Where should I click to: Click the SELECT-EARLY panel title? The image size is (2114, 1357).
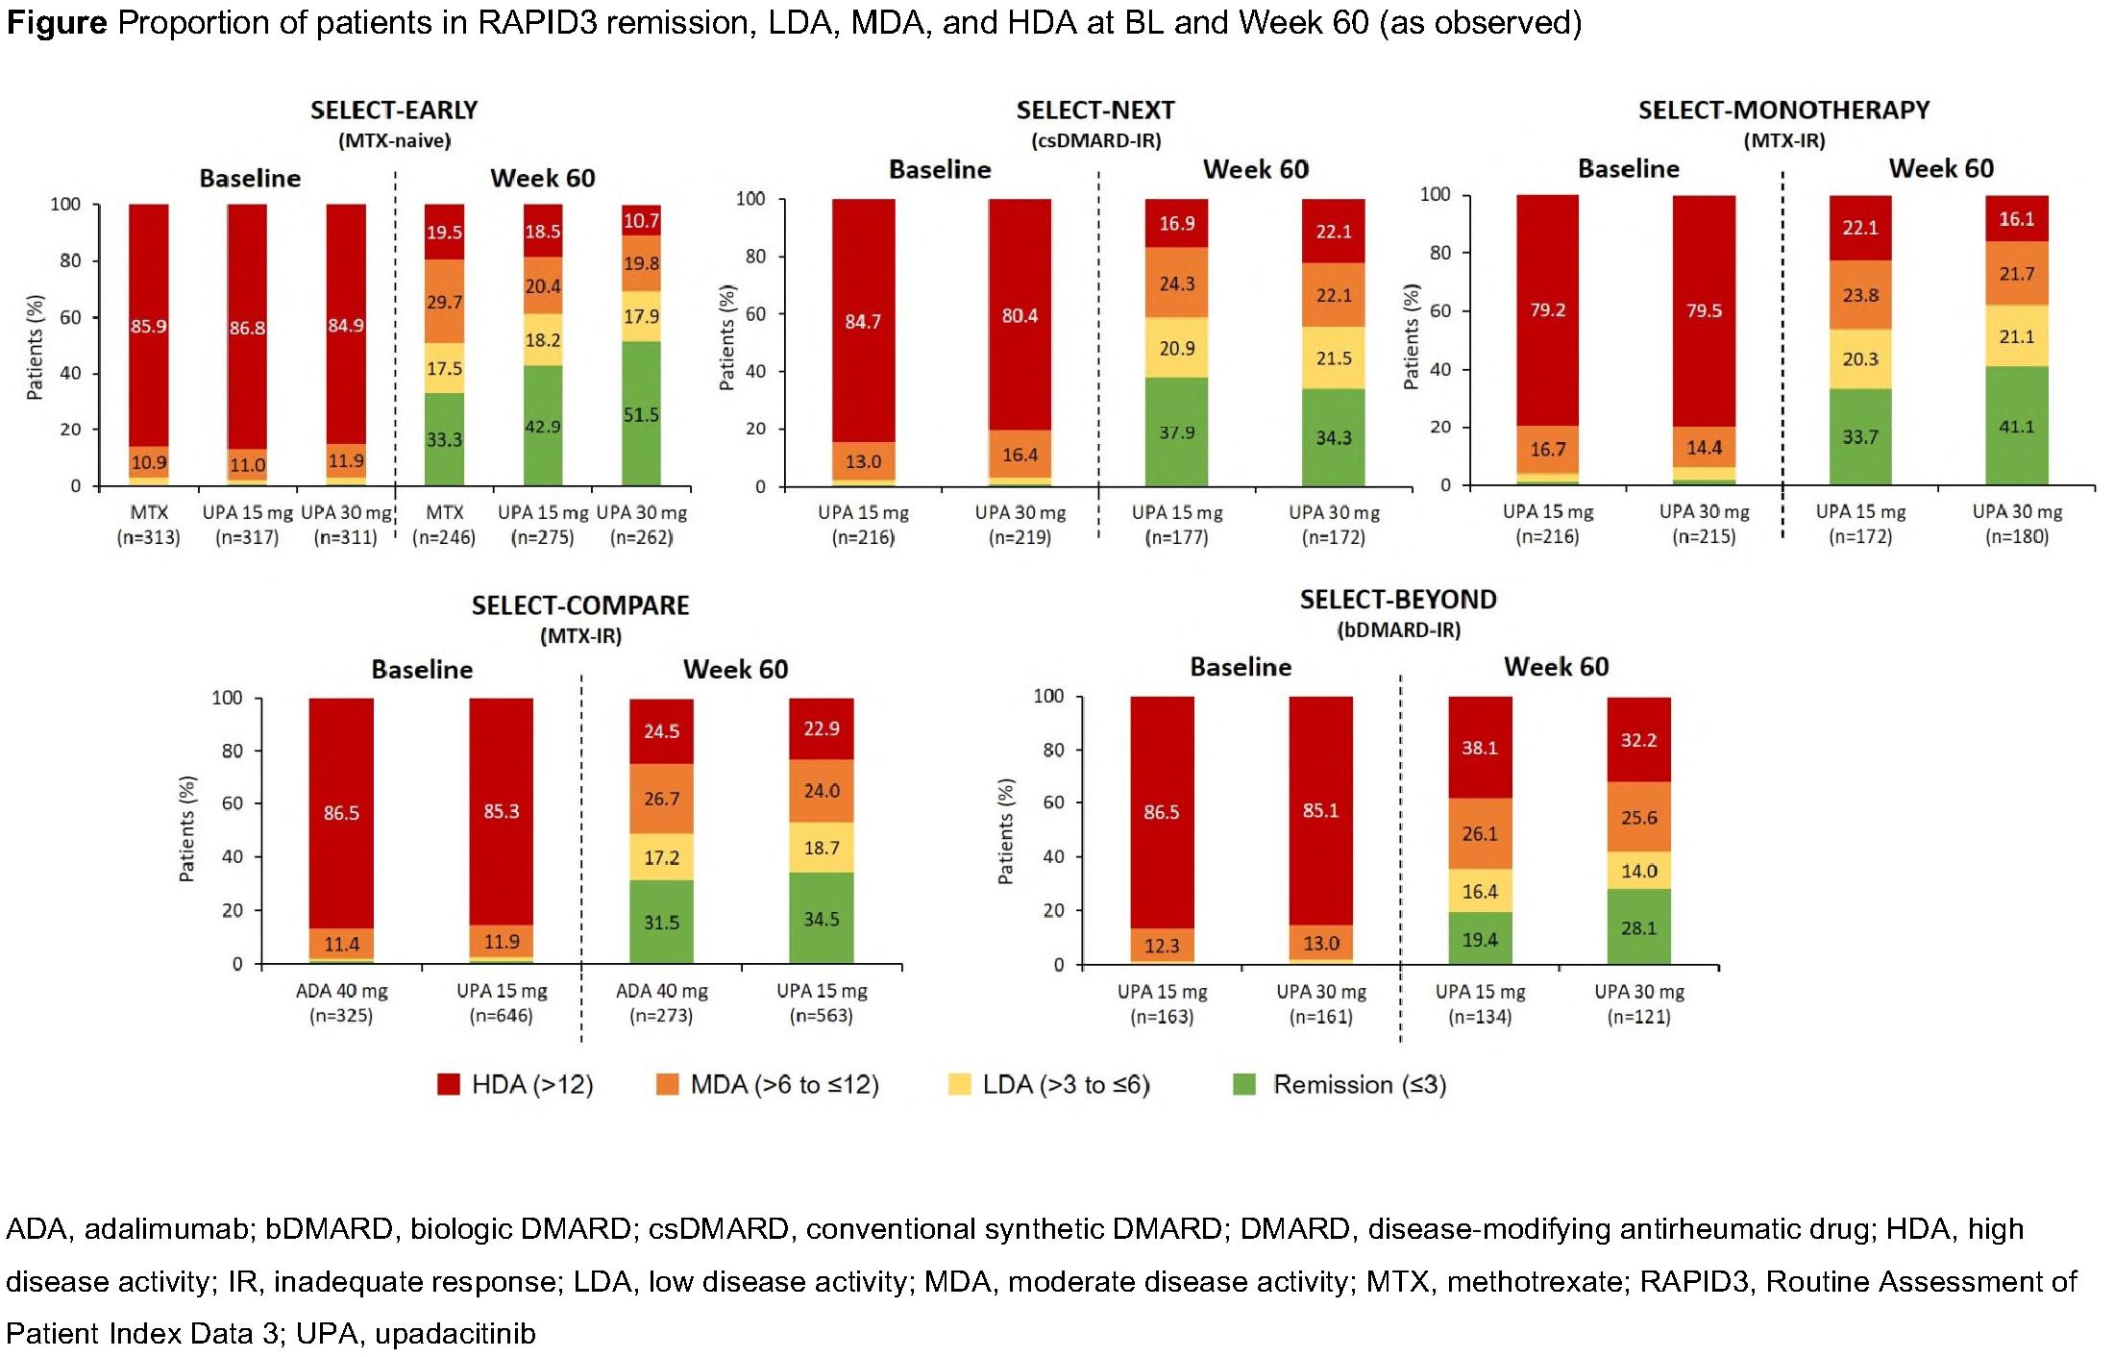394,111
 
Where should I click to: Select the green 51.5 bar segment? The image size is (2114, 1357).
641,414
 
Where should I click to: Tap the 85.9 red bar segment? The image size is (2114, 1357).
149,326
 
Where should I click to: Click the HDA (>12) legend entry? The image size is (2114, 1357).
516,1084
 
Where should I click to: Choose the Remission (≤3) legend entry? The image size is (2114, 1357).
1340,1084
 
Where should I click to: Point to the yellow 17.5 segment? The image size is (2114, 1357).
445,368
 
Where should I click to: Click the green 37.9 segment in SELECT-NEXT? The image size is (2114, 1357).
1176,432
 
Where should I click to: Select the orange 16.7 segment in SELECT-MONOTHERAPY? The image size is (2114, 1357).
1547,449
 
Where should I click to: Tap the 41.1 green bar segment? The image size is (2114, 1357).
2016,426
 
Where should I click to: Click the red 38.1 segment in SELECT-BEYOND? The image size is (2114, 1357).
1480,748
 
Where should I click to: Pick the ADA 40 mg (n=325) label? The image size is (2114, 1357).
341,1002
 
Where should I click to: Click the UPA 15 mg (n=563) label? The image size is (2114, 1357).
822,1002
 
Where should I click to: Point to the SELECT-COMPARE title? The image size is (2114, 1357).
580,605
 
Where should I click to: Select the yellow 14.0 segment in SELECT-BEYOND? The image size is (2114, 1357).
1638,871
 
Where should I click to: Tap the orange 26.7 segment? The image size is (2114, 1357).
661,799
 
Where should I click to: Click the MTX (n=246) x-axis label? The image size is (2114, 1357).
444,524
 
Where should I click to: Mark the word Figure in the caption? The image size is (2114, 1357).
57,23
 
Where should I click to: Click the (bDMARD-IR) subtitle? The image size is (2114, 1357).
1398,630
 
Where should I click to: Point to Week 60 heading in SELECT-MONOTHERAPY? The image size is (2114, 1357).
1941,169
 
